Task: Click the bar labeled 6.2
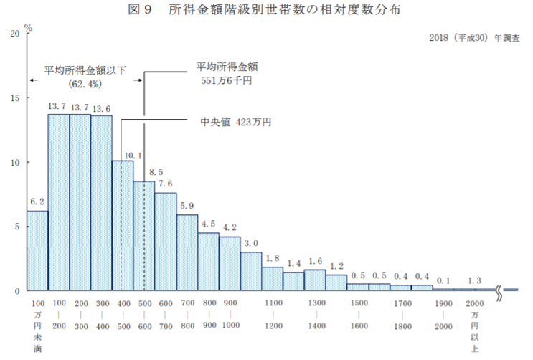click(x=37, y=251)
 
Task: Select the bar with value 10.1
click(x=123, y=226)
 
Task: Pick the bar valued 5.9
click(x=187, y=252)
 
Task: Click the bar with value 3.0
click(x=251, y=271)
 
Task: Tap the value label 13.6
click(x=101, y=109)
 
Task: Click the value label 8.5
click(x=155, y=173)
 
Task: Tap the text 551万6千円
click(x=227, y=82)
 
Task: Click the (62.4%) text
click(x=86, y=84)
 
